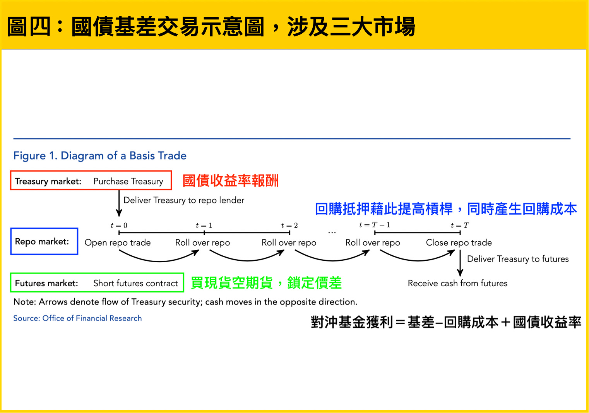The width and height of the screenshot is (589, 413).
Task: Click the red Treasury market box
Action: pos(91,181)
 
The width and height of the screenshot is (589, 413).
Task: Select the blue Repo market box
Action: pos(44,241)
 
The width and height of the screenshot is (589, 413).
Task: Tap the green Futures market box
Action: pos(97,283)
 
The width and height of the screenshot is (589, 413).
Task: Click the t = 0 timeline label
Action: pos(119,225)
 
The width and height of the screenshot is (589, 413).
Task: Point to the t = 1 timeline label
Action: pos(204,225)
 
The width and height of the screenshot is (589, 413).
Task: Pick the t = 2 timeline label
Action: pos(289,225)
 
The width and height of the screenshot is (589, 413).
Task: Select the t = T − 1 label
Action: pos(375,225)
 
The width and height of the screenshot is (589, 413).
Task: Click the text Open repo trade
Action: pos(118,243)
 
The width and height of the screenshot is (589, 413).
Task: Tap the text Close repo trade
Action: pos(459,243)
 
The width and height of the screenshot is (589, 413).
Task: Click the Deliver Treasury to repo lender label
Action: pos(184,200)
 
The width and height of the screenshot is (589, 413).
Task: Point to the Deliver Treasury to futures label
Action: pos(518,259)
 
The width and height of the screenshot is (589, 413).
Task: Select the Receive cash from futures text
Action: pos(457,284)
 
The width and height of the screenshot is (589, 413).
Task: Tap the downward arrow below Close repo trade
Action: pos(460,263)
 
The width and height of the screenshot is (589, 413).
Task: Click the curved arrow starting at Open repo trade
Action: pos(159,258)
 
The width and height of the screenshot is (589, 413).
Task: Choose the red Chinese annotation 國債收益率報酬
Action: pos(231,181)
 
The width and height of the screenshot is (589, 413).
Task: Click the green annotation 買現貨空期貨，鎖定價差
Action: pos(266,283)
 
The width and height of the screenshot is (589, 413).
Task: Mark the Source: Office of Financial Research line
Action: pos(77,318)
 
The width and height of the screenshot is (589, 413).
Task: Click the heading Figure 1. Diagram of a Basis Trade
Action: pos(100,156)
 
